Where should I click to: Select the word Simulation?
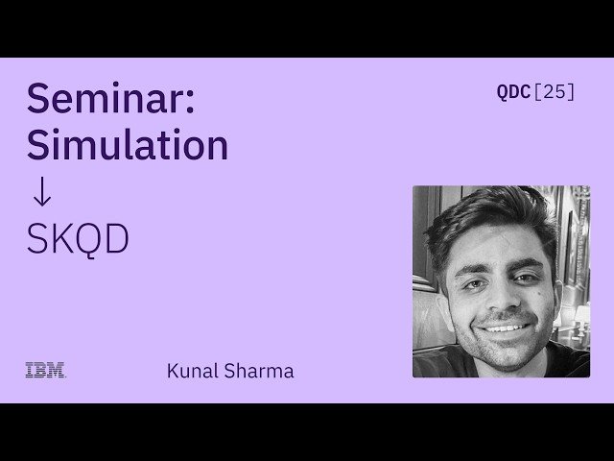127,145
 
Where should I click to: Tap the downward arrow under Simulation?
40,192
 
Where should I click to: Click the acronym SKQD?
77,239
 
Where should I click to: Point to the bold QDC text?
512,92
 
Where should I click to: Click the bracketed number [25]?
554,92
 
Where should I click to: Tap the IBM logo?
45,370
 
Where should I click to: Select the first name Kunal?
192,370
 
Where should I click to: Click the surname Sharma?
258,370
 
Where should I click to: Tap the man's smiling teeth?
501,326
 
